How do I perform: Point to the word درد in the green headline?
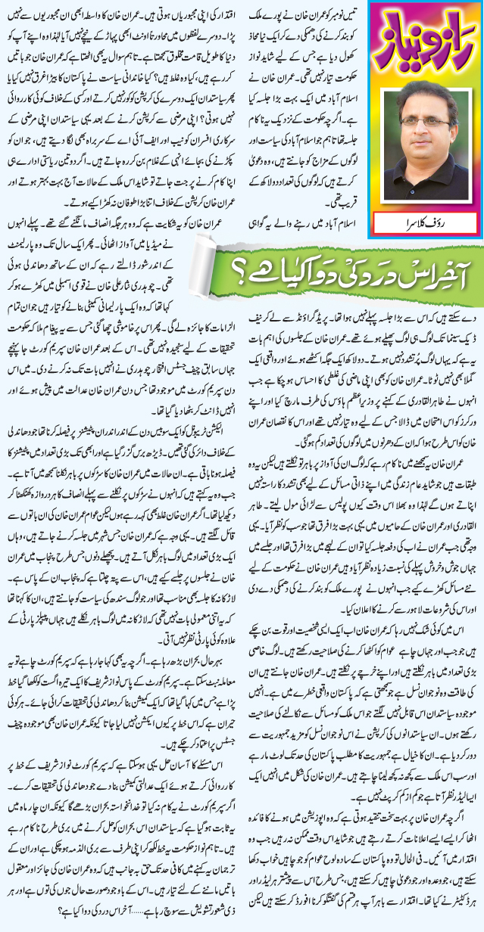pyautogui.click(x=369, y=266)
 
